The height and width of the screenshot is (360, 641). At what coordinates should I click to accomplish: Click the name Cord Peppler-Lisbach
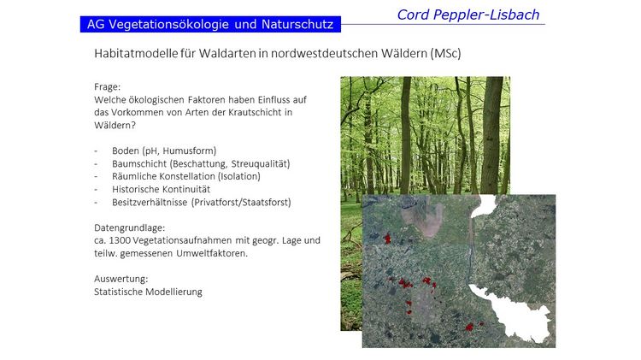point(468,15)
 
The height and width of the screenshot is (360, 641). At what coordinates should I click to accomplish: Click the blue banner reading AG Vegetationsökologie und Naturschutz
point(210,24)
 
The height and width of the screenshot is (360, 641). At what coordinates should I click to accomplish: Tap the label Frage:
point(107,86)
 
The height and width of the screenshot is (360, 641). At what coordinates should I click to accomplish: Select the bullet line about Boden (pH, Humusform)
point(164,150)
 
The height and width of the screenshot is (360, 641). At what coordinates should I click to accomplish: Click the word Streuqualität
point(261,163)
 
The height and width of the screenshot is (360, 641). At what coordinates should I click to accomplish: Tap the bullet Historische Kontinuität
point(161,189)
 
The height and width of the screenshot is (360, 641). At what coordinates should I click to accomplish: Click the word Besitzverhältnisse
point(150,202)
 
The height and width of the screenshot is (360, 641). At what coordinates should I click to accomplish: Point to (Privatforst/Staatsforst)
point(241,202)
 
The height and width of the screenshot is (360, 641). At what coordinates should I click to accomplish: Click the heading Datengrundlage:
point(130,227)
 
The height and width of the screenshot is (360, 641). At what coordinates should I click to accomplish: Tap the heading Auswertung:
point(121,279)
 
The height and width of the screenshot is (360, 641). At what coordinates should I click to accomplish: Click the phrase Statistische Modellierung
point(148,292)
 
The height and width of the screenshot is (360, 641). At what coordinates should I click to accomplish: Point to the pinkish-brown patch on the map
point(423,219)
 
